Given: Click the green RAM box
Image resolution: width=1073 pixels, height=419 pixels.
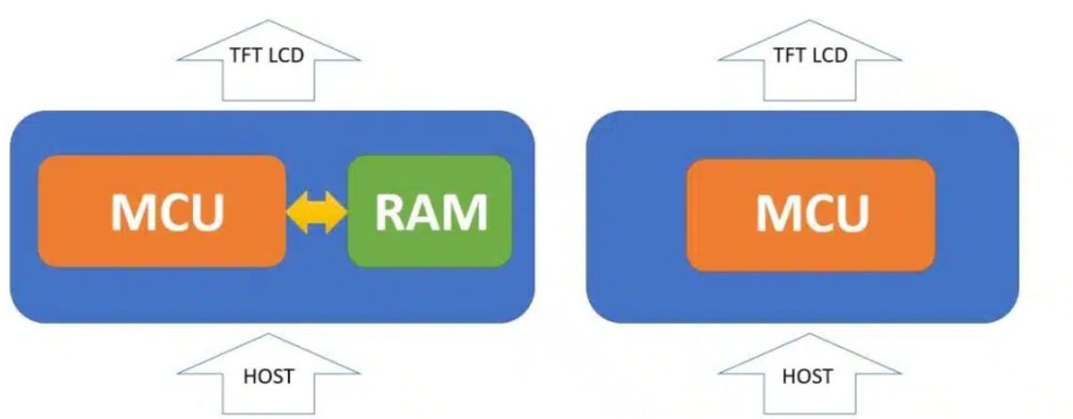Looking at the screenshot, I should [429, 211].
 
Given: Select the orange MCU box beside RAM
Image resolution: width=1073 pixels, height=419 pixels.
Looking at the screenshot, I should [161, 211].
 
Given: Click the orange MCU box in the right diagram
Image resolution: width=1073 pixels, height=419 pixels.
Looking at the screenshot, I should [810, 215].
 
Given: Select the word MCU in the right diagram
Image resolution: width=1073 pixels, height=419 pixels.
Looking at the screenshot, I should [812, 215].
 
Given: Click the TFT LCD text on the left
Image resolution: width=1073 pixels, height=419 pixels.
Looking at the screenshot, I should [267, 55].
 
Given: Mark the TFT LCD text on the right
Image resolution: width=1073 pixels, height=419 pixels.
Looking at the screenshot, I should [809, 55].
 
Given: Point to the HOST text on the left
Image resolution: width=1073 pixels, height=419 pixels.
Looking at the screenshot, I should [268, 377].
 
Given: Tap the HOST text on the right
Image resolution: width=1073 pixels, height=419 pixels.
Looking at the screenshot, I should [808, 377].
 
